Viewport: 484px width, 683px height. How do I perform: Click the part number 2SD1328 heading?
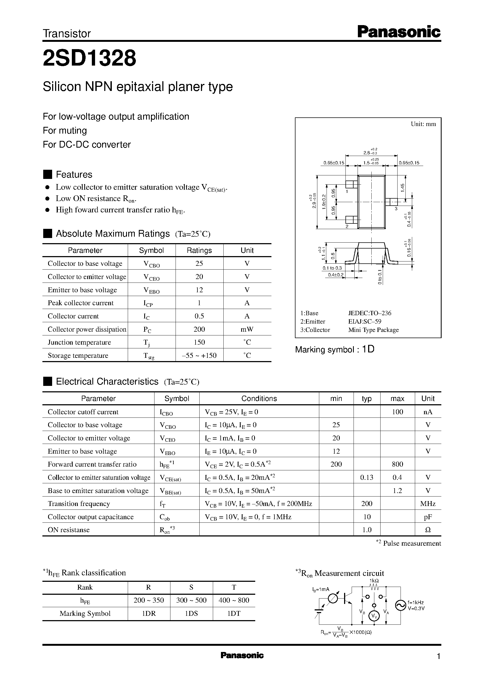89,58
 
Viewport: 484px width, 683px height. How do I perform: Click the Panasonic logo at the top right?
399,32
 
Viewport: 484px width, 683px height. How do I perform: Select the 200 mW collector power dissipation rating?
199,329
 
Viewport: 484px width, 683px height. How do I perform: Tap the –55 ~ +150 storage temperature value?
199,355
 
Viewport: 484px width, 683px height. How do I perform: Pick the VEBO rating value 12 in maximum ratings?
199,290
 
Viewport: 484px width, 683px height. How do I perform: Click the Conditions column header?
259,398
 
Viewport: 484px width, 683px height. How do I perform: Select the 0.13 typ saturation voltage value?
367,477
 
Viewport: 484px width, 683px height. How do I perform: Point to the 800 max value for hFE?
397,464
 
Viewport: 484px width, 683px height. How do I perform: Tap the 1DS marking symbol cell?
191,613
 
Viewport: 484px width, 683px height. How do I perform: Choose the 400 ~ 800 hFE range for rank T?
234,600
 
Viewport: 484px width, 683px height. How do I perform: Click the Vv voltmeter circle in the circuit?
374,616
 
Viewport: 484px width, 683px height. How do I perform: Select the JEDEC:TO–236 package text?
369,313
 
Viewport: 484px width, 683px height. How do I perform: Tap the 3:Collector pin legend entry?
315,329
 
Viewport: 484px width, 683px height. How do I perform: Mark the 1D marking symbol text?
368,349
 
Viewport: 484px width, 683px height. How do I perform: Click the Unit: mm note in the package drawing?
423,124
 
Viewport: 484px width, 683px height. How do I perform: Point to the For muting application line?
65,130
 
